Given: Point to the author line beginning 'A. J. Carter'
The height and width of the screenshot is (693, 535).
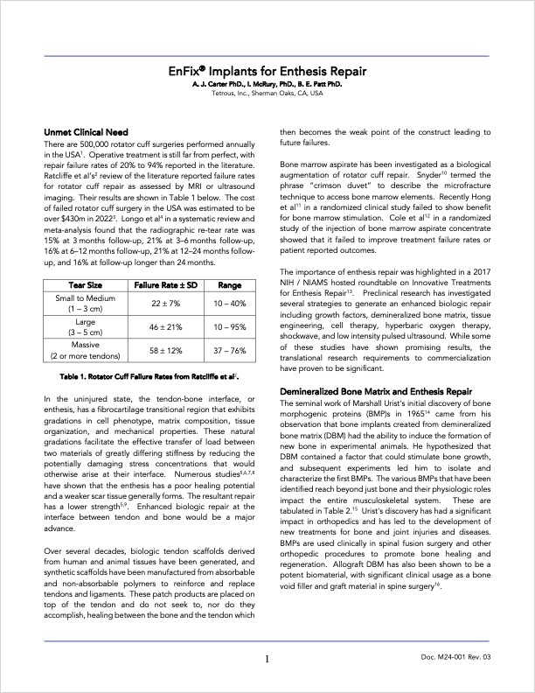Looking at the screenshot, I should (x=267, y=84).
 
